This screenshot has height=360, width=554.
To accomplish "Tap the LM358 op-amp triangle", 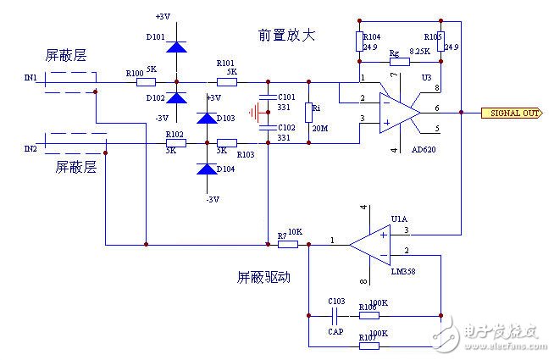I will [371, 245].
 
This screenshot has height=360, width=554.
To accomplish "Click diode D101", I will [176, 47].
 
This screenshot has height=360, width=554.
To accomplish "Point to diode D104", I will [206, 169].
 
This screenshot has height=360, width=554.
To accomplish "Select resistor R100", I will [146, 82].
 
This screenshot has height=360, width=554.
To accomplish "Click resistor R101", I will [226, 82].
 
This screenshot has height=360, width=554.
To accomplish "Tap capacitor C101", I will [269, 98].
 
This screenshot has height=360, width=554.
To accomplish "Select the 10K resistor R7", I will [288, 245].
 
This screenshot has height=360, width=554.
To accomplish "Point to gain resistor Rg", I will [395, 61].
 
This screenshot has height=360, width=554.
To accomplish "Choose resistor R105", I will [440, 42].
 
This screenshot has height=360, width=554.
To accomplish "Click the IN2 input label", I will [30, 149].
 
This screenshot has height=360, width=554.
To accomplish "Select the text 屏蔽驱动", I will [264, 277].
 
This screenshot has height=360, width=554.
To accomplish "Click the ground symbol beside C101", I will [252, 112].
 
